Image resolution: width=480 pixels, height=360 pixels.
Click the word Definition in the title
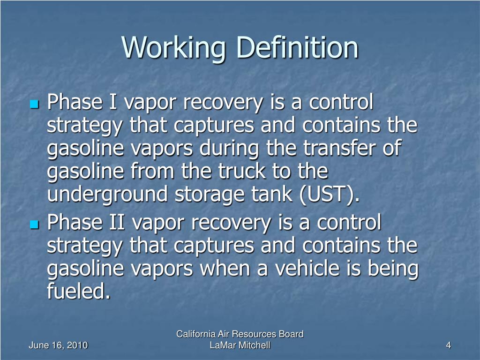coord(297,48)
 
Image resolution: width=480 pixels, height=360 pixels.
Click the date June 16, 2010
coord(58,346)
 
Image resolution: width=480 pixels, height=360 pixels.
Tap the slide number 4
coord(449,346)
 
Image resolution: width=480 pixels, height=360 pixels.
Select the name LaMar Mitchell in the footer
coord(240,346)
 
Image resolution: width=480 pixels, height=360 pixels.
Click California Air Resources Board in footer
coord(240,334)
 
